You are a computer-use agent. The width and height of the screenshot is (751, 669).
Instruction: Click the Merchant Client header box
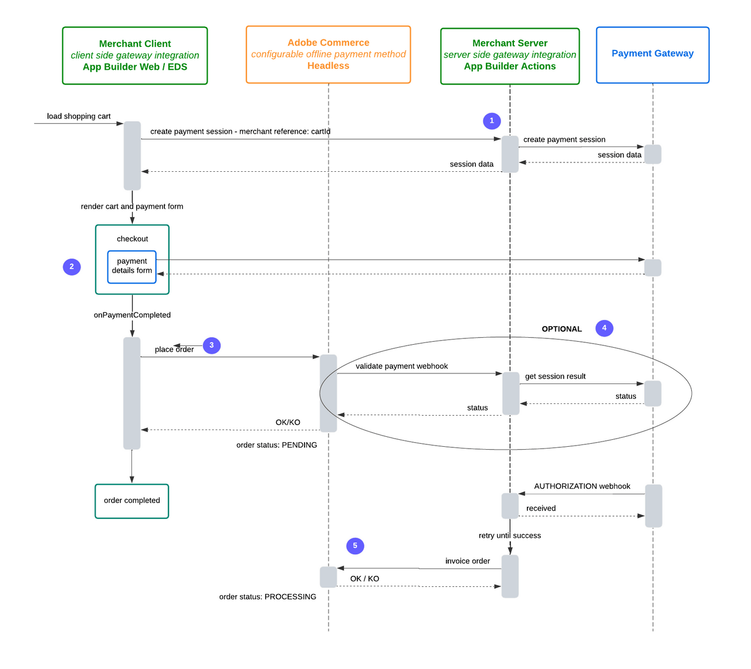coord(135,56)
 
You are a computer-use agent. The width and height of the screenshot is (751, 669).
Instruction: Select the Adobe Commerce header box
coord(328,55)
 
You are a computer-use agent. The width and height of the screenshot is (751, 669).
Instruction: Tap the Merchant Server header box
coord(510,56)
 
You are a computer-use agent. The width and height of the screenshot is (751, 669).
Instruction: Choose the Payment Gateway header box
coord(652,55)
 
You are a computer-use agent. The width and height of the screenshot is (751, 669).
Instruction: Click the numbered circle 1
coord(492,121)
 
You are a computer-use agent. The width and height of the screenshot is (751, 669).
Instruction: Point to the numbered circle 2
coord(72,267)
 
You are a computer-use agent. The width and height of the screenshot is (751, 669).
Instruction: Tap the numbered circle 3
coord(212,345)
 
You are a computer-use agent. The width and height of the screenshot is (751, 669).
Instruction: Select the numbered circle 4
coord(604,328)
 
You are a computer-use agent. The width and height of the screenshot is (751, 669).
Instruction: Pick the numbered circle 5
coord(355,546)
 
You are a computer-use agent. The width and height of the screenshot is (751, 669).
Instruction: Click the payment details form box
coord(132,266)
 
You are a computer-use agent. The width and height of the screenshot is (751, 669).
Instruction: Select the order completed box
coord(132,501)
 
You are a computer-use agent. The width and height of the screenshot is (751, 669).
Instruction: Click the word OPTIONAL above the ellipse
coord(561,329)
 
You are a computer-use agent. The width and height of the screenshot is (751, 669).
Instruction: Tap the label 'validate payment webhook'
coord(401,366)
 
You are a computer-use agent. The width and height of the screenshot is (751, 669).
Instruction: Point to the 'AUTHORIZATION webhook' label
coord(582,486)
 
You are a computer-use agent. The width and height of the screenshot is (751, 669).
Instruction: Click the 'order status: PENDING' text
coord(276,445)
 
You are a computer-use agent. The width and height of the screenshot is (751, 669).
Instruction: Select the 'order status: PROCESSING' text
coord(268,597)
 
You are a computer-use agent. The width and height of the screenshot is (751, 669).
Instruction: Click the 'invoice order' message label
coord(467,561)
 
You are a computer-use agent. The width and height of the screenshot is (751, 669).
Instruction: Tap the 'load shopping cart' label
coord(79,116)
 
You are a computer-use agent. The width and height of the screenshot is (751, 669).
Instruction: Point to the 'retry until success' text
coord(509,535)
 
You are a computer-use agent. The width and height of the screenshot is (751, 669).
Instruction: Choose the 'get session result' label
coord(555,376)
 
